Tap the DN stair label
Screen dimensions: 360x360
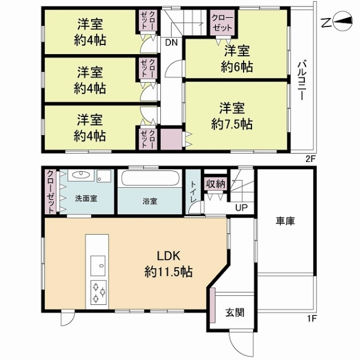point(172,43)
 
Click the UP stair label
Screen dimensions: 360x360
point(241,208)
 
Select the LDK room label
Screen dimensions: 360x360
point(168,256)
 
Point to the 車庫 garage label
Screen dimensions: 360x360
point(285,221)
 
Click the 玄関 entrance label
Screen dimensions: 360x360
point(235,313)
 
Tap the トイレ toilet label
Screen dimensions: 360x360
point(193,192)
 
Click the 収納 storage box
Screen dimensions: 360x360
point(215,184)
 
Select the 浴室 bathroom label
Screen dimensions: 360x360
point(149,202)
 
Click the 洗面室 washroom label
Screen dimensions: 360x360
point(86,199)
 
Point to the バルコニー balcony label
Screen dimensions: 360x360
point(301,80)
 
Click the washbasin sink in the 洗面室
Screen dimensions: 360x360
point(81,175)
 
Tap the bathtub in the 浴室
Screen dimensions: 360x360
point(150,179)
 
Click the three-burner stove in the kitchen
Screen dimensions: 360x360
point(98,293)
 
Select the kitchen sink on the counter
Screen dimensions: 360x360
point(98,266)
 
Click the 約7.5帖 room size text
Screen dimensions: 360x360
point(232,124)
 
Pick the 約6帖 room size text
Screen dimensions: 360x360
point(237,67)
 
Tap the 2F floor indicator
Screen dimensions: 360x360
point(311,159)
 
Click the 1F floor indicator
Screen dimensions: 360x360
point(311,319)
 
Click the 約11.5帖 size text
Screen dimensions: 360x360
point(168,272)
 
